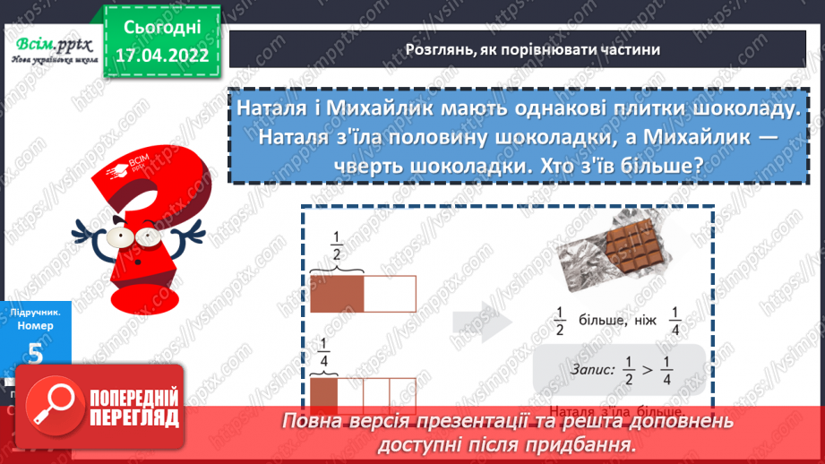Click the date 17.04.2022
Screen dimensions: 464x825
163,55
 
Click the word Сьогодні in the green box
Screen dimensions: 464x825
163,26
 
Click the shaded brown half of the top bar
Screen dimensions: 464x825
337,293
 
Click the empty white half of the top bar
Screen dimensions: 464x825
391,293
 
